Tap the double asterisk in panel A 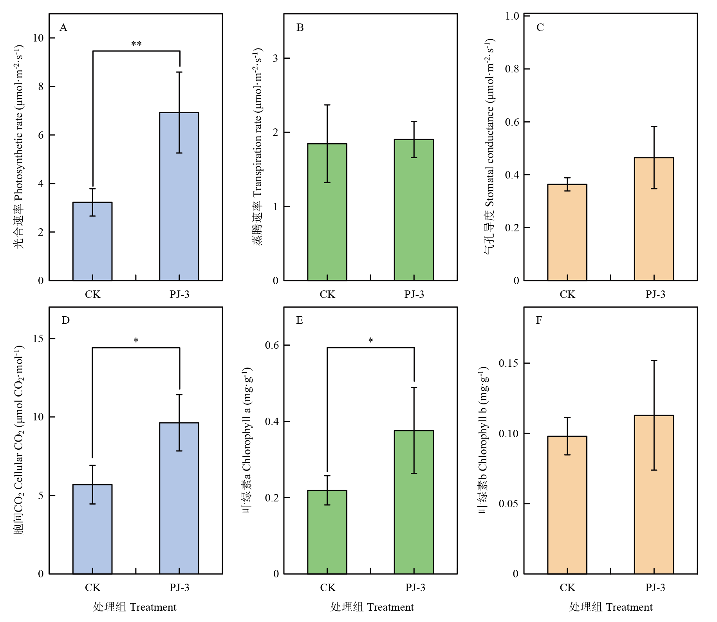[136, 44]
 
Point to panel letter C [540, 27]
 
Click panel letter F [539, 320]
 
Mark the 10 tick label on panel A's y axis [38, 38]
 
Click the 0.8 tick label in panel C [512, 69]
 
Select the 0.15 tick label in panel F [508, 363]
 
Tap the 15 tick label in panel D [38, 339]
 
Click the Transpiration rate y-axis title [257, 147]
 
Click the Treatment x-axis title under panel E [372, 607]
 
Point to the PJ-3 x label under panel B [414, 294]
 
